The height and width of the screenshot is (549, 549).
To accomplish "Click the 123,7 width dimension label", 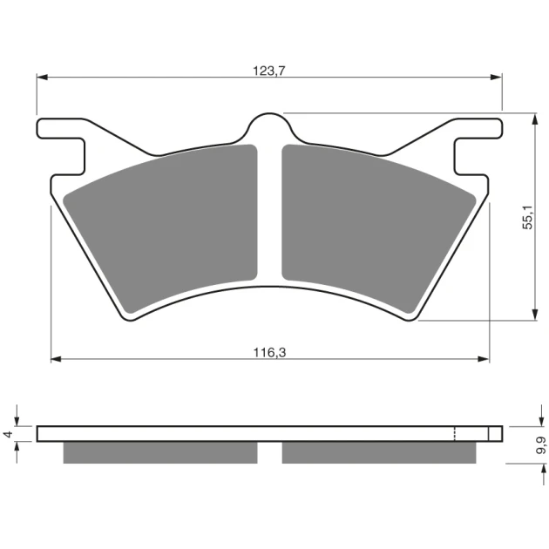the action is (x=269, y=71).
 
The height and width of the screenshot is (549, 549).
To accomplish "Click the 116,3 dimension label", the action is (x=269, y=353).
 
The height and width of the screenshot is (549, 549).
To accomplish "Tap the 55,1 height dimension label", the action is (x=527, y=217).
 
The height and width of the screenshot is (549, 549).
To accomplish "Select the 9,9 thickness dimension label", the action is (x=541, y=445).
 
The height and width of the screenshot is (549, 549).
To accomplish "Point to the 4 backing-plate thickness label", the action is (x=8, y=434).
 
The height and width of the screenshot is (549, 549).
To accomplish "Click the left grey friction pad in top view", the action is (x=160, y=228).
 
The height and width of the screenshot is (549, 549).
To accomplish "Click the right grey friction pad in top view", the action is (x=379, y=228).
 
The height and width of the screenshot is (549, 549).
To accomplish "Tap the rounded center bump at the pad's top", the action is (x=269, y=125).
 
